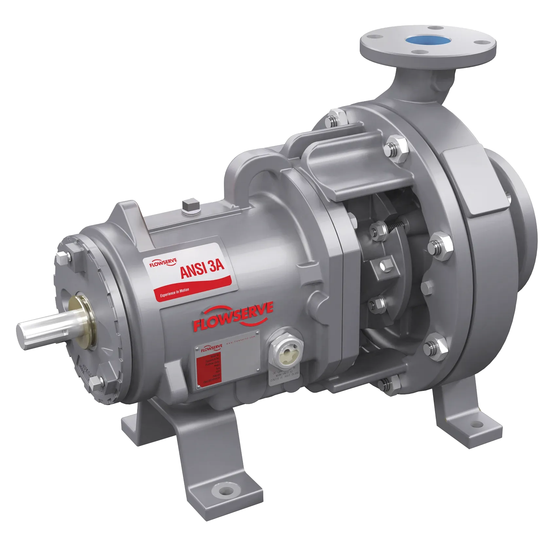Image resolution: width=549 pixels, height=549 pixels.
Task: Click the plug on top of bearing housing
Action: pos(190,207)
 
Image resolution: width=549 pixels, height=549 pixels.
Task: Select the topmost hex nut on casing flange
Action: pos(334,119)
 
